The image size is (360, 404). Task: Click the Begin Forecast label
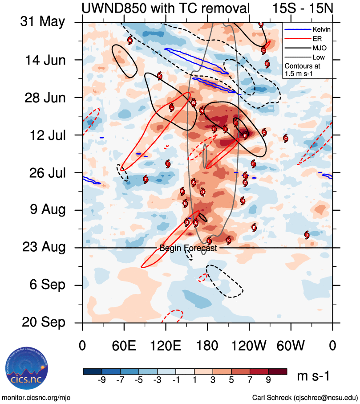coord(188,249)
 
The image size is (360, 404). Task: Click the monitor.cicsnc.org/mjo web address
coord(36,397)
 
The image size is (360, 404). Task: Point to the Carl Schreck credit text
coord(305,397)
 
